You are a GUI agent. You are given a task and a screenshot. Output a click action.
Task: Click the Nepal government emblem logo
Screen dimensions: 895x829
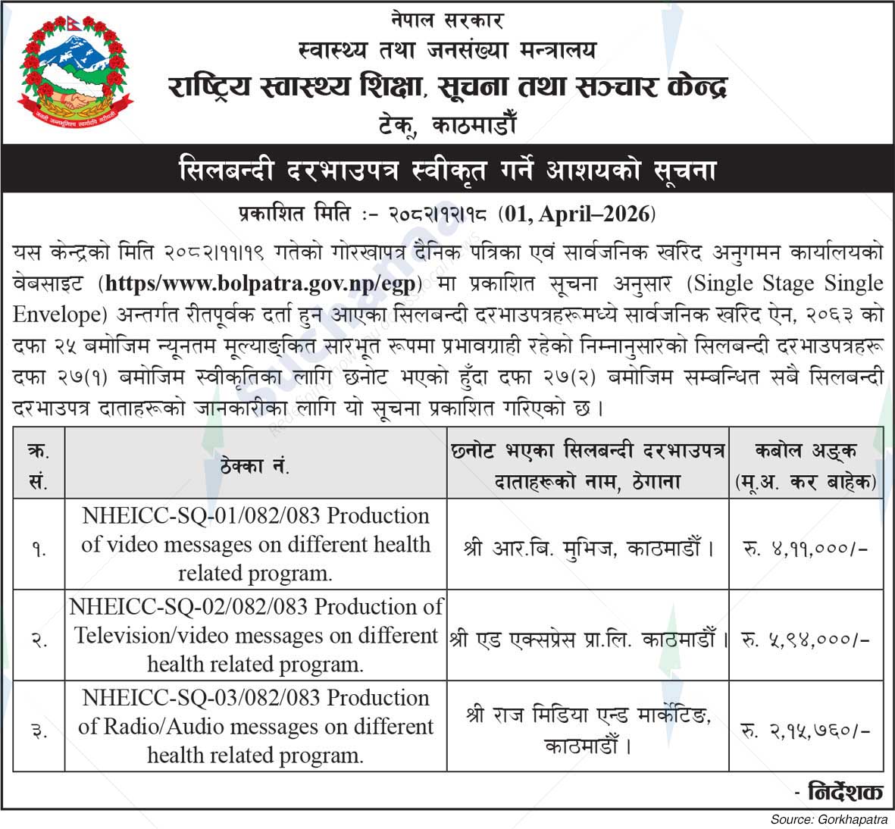coord(70,73)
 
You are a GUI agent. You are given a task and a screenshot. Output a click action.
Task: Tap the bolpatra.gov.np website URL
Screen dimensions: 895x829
coord(260,284)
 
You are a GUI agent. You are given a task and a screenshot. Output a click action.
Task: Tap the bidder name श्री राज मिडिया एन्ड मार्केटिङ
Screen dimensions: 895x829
coord(587,717)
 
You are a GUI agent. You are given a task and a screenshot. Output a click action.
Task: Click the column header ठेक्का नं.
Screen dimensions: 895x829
coord(255,466)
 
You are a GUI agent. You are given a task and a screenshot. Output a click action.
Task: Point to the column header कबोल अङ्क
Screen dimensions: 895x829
coord(806,452)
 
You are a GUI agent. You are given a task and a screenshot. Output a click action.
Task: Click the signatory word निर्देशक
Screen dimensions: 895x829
coord(845,792)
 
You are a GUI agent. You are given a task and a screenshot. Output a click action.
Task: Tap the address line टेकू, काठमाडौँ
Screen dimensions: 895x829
coord(447,124)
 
